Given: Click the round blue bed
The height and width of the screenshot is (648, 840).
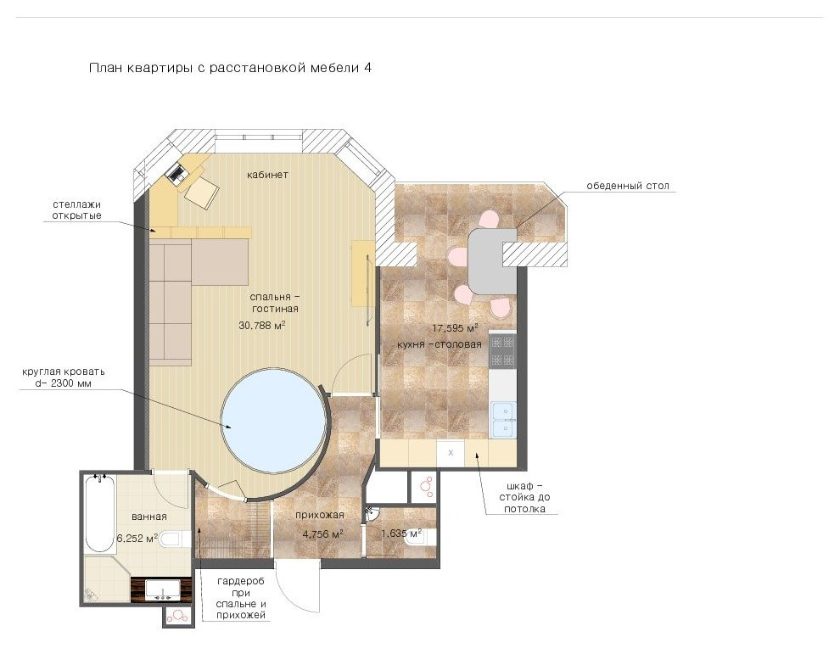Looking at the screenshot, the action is tap(274, 419).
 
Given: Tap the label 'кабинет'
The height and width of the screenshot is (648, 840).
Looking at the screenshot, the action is tap(267, 175).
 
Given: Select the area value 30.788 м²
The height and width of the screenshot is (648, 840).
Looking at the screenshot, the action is tap(261, 325).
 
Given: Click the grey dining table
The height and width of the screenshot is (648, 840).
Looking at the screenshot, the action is tap(492, 261).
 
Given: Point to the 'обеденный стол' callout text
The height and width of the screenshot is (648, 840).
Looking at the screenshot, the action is tap(628, 186).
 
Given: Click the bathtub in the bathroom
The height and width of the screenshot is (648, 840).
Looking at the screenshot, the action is tap(99, 514).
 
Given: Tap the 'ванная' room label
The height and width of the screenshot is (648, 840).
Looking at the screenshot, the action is tap(149, 517).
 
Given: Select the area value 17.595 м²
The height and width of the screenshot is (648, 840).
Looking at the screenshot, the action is tap(455, 327).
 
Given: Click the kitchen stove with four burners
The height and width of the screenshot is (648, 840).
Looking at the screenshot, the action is tap(502, 350).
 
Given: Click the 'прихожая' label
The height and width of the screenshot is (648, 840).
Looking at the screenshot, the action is tap(319, 515).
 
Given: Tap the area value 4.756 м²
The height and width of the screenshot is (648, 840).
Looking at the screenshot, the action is tap(322, 534).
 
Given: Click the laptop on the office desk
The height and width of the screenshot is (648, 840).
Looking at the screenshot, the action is tap(176, 173).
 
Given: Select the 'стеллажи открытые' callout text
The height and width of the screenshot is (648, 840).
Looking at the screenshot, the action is tap(76, 210).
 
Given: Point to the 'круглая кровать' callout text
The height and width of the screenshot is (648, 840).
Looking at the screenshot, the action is tap(64, 377).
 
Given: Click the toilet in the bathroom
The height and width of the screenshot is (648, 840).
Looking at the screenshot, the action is tap(175, 539).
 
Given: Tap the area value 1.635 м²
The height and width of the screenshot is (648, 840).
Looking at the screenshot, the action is tap(401, 533).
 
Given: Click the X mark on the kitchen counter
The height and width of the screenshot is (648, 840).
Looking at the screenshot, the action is tap(451, 453).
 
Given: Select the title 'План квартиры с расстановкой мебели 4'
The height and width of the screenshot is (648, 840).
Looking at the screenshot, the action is tap(230, 68).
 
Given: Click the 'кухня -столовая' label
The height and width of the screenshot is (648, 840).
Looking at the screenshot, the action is tap(440, 344).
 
